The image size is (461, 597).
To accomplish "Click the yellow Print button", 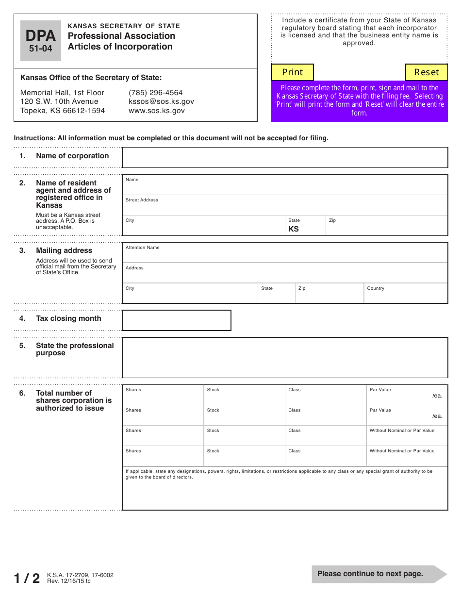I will click(x=292, y=72).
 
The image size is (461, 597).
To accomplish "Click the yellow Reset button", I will click(x=426, y=72).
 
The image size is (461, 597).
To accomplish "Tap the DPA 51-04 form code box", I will click(x=41, y=41).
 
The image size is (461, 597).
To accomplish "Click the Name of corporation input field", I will click(x=284, y=158).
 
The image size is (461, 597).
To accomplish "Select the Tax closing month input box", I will click(x=176, y=320).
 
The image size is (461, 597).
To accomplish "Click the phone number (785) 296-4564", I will click(x=155, y=93).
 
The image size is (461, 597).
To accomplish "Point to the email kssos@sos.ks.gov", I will click(x=161, y=101).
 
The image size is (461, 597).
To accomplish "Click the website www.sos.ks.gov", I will click(x=156, y=111).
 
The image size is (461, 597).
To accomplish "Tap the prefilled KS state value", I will click(x=294, y=229).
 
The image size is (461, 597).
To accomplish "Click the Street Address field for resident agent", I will click(x=284, y=206).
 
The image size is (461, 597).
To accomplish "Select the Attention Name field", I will click(x=284, y=253).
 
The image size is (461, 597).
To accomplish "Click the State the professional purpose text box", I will click(x=284, y=358).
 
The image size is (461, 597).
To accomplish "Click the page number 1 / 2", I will click(x=27, y=578).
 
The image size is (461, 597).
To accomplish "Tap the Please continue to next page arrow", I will click(x=379, y=574).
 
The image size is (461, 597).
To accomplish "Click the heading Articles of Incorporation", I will click(x=120, y=47).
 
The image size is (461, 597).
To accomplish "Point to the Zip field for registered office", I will click(x=386, y=227).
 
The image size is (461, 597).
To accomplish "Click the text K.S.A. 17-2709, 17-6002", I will click(x=80, y=575).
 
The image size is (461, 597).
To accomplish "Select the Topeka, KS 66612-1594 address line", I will click(x=62, y=111).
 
